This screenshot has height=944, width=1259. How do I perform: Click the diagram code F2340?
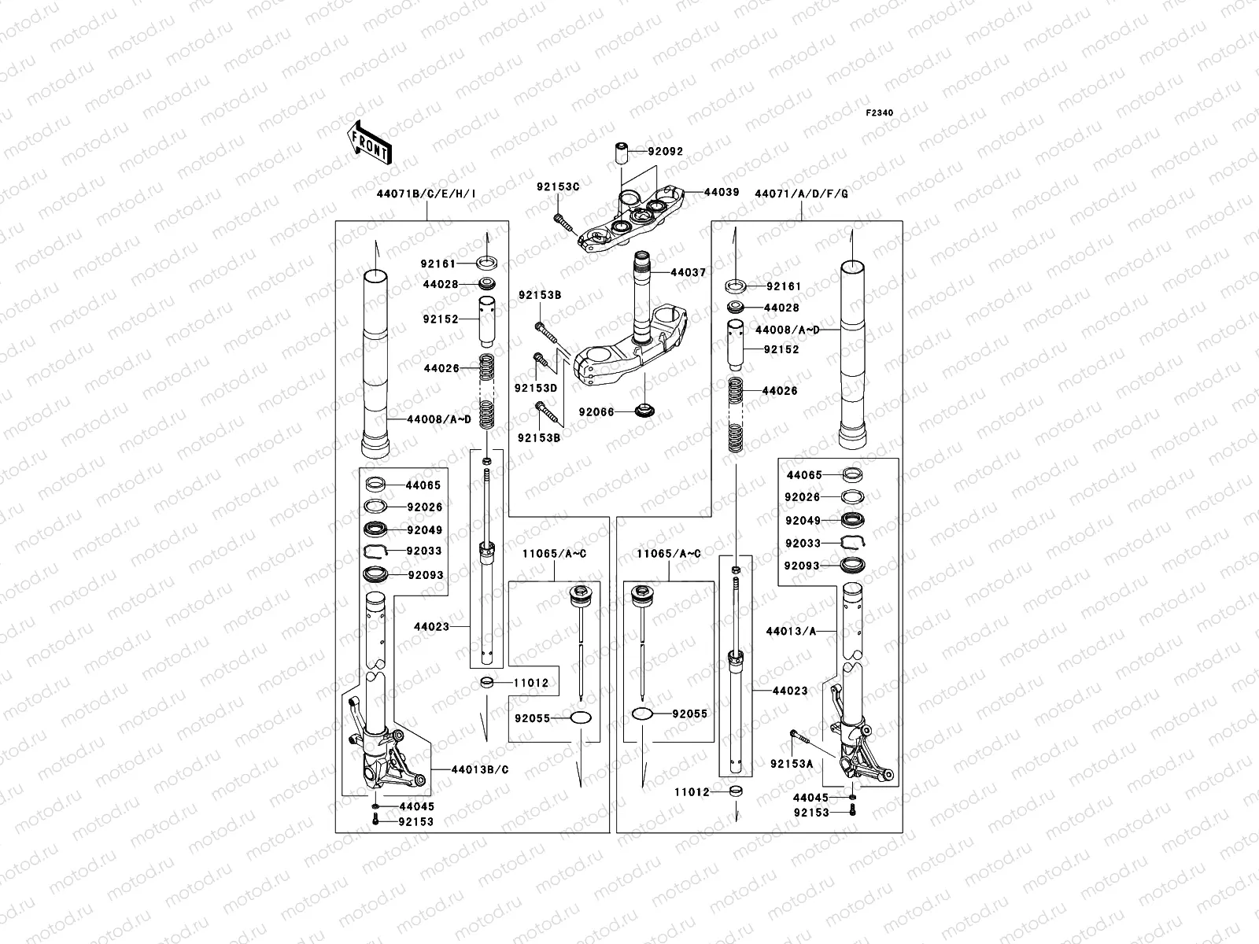880,113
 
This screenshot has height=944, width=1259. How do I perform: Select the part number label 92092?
666,152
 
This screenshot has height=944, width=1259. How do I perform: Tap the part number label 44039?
722,192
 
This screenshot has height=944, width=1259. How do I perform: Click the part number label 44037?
689,272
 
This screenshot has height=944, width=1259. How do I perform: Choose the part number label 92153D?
536,389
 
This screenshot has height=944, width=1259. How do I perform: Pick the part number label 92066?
596,411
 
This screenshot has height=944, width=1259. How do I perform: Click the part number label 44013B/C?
480,769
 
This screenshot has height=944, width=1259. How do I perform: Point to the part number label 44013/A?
791,631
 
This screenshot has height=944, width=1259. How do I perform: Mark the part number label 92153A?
792,764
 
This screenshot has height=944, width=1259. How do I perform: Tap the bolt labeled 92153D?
543,362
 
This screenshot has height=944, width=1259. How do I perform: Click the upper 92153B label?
539,295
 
